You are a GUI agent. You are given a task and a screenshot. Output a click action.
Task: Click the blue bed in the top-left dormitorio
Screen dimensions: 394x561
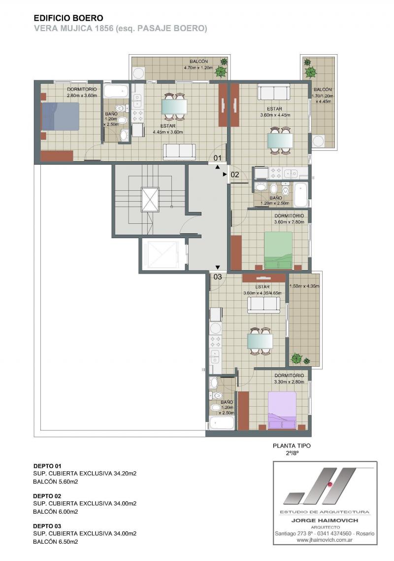click(x=60, y=116)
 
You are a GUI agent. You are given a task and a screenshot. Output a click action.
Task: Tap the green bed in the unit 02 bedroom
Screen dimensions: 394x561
click(x=278, y=250)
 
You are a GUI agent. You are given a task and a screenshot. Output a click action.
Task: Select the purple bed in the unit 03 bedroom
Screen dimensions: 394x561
click(x=282, y=410)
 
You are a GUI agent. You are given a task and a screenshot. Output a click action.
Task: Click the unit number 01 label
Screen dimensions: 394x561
click(x=217, y=158)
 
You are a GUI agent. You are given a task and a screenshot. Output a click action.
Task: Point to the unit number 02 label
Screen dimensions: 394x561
click(x=234, y=175)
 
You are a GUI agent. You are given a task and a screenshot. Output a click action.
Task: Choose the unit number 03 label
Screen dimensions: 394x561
click(x=217, y=277)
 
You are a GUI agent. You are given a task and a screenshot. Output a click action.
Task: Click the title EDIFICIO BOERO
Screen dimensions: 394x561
click(x=68, y=18)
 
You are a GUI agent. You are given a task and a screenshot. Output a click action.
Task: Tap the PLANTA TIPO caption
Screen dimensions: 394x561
click(x=292, y=446)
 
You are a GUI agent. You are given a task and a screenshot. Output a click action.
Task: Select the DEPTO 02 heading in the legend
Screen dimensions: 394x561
click(x=47, y=496)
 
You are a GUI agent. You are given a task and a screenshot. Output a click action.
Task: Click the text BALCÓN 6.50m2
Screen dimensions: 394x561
click(x=56, y=542)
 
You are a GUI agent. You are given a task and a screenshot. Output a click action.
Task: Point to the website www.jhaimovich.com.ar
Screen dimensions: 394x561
click(x=325, y=540)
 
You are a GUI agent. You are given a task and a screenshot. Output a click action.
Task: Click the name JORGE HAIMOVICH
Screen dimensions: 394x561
click(x=325, y=520)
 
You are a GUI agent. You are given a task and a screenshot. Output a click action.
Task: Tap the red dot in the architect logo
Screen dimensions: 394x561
click(x=330, y=485)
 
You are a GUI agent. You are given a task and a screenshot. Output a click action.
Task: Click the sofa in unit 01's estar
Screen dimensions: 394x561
click(x=179, y=151)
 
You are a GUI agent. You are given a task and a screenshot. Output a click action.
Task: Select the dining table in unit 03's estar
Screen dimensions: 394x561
click(x=260, y=341)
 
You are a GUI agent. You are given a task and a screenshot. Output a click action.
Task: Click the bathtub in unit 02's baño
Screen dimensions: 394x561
click(x=301, y=194)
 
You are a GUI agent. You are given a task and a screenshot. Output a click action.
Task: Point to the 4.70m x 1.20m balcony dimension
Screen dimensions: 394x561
click(x=198, y=68)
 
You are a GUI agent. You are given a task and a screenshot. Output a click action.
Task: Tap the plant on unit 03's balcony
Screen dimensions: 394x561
click(x=296, y=358)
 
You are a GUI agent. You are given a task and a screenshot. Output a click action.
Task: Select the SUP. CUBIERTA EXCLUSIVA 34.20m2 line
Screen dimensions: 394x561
click(x=85, y=473)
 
